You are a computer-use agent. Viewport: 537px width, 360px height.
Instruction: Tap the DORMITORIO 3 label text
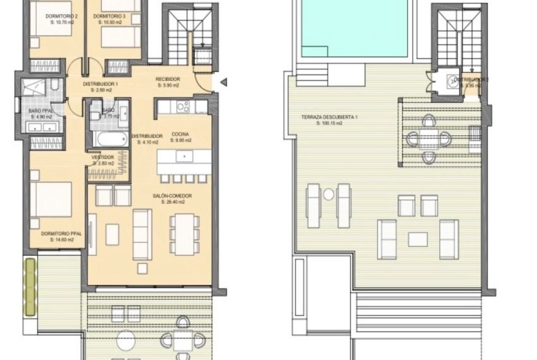pyautogui.click(x=114, y=16)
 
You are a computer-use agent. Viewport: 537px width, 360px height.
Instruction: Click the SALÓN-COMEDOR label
pyautogui.click(x=172, y=196)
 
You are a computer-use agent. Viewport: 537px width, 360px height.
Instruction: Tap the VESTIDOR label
pyautogui.click(x=102, y=157)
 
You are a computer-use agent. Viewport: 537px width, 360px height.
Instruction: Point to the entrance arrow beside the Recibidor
pyautogui.click(x=222, y=81)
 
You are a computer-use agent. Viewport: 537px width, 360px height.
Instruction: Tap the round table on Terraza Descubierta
pyautogui.click(x=430, y=138)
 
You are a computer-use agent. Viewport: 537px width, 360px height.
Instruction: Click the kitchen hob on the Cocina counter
pyautogui.click(x=183, y=107)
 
